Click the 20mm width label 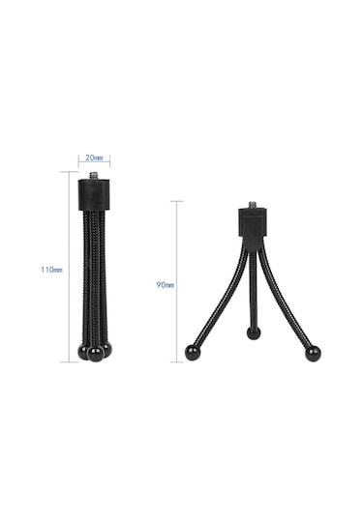point(94,157)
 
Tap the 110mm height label point(51,270)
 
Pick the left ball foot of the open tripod point(193,353)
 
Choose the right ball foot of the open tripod point(313,354)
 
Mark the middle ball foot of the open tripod point(254,332)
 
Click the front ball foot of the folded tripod point(95,354)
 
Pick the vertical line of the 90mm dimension point(177,280)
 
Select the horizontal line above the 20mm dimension point(94,164)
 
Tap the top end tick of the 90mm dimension point(177,201)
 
